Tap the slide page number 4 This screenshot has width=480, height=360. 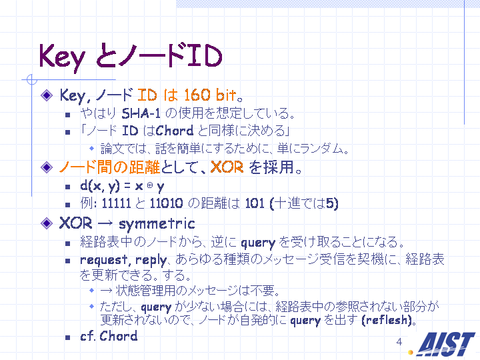click(x=399, y=341)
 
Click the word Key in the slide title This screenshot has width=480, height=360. click(x=62, y=57)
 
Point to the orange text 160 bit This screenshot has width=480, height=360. click(x=210, y=95)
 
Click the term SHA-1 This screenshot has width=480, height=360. click(x=141, y=113)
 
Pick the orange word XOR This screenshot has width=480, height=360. click(x=227, y=167)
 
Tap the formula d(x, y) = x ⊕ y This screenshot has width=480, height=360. click(x=122, y=186)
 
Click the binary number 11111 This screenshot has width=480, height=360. click(x=116, y=203)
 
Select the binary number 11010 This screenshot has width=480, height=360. click(x=166, y=203)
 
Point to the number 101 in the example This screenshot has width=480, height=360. click(x=255, y=203)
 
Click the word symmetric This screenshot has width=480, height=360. click(x=157, y=224)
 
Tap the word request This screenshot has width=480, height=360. click(x=103, y=260)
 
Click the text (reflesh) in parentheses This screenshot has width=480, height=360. click(x=386, y=320)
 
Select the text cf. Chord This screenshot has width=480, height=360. click(x=109, y=336)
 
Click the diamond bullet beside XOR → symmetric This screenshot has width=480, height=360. click(x=47, y=223)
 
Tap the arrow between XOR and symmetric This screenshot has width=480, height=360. click(x=105, y=224)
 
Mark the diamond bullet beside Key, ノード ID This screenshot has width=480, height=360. click(x=47, y=95)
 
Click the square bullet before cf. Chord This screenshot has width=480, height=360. click(x=67, y=337)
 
